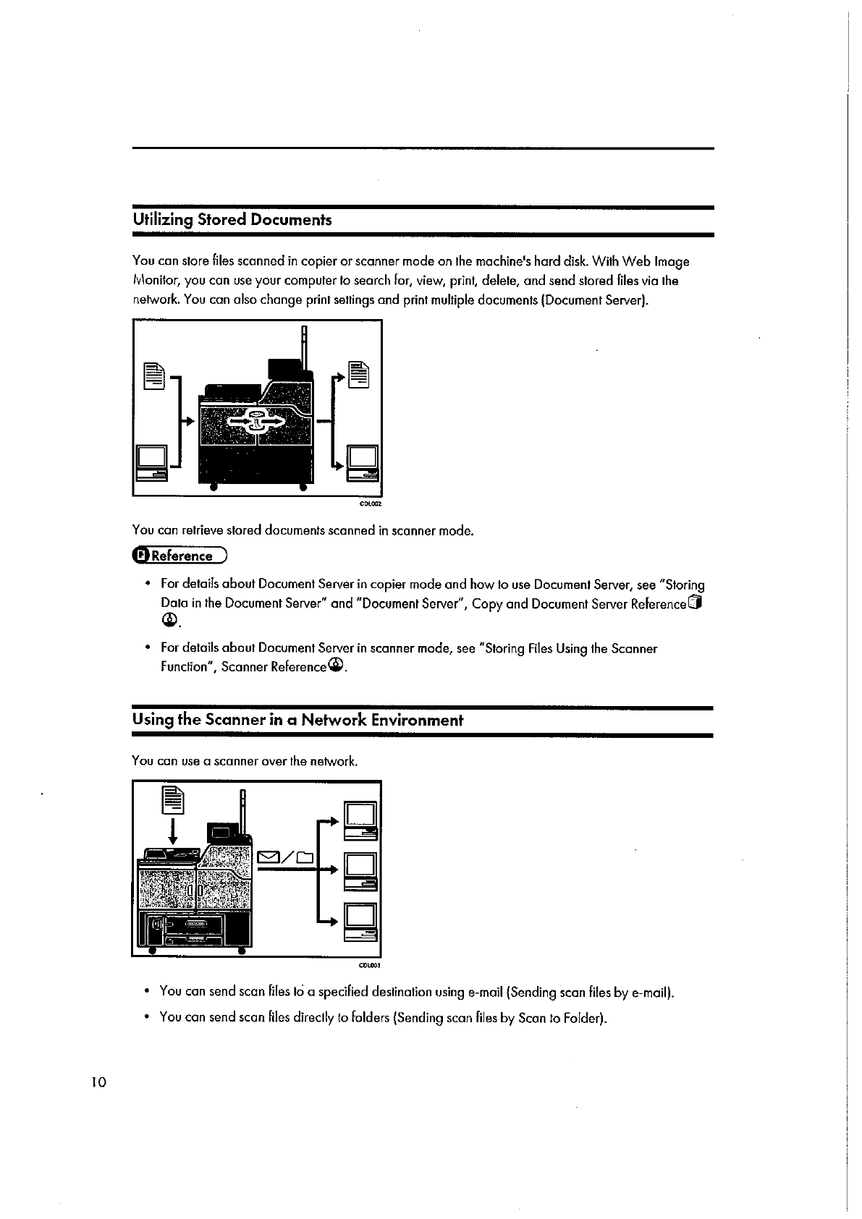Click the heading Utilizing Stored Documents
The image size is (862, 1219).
coord(232,219)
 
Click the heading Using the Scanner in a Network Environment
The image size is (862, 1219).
coord(297,720)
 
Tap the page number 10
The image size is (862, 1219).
coord(98,1082)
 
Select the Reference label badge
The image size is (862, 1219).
coord(179,556)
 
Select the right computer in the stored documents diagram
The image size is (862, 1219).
coord(363,462)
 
